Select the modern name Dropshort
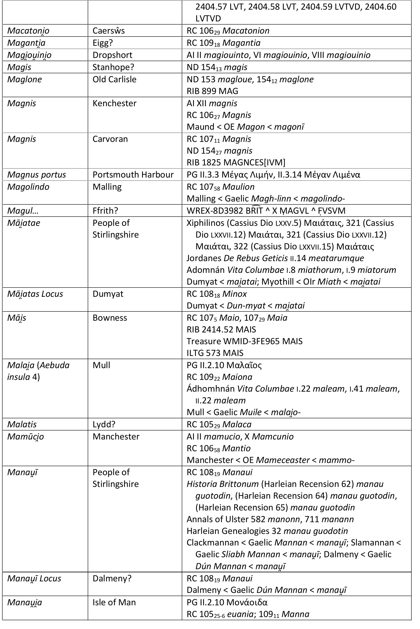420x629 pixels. pos(112,55)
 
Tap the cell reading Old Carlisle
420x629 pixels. pos(114,79)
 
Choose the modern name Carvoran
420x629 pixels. pos(110,139)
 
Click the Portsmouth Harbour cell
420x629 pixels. pos(133,175)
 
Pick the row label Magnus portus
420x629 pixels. pos(37,175)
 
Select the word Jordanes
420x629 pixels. pos(204,258)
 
